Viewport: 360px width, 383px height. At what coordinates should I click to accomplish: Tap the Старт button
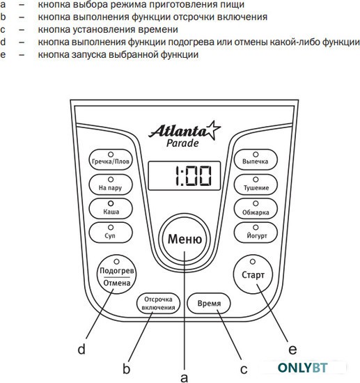253,274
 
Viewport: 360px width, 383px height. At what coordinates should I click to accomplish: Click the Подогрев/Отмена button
116,274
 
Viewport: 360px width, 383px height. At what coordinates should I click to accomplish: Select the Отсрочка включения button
158,303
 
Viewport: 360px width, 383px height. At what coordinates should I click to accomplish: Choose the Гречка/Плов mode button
111,159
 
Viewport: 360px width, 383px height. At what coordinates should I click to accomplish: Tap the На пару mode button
111,185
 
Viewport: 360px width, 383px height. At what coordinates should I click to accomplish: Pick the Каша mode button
111,208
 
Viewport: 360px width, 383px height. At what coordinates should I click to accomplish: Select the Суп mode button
111,233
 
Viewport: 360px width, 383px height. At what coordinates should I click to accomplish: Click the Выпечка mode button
256,159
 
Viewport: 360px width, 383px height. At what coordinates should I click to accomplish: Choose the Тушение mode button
256,185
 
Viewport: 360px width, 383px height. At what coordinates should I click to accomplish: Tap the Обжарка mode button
256,208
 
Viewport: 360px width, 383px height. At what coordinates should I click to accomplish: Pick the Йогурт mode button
256,233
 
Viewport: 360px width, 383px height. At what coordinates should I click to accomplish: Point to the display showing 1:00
185,175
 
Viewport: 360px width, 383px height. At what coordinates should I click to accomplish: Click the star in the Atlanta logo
212,130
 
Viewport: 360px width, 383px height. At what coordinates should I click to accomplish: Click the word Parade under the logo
182,143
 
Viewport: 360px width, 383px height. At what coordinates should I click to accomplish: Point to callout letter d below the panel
81,350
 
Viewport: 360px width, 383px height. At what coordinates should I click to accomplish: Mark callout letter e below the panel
292,350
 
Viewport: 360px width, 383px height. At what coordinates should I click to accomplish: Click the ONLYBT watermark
302,368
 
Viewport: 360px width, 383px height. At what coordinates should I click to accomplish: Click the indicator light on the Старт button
253,262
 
